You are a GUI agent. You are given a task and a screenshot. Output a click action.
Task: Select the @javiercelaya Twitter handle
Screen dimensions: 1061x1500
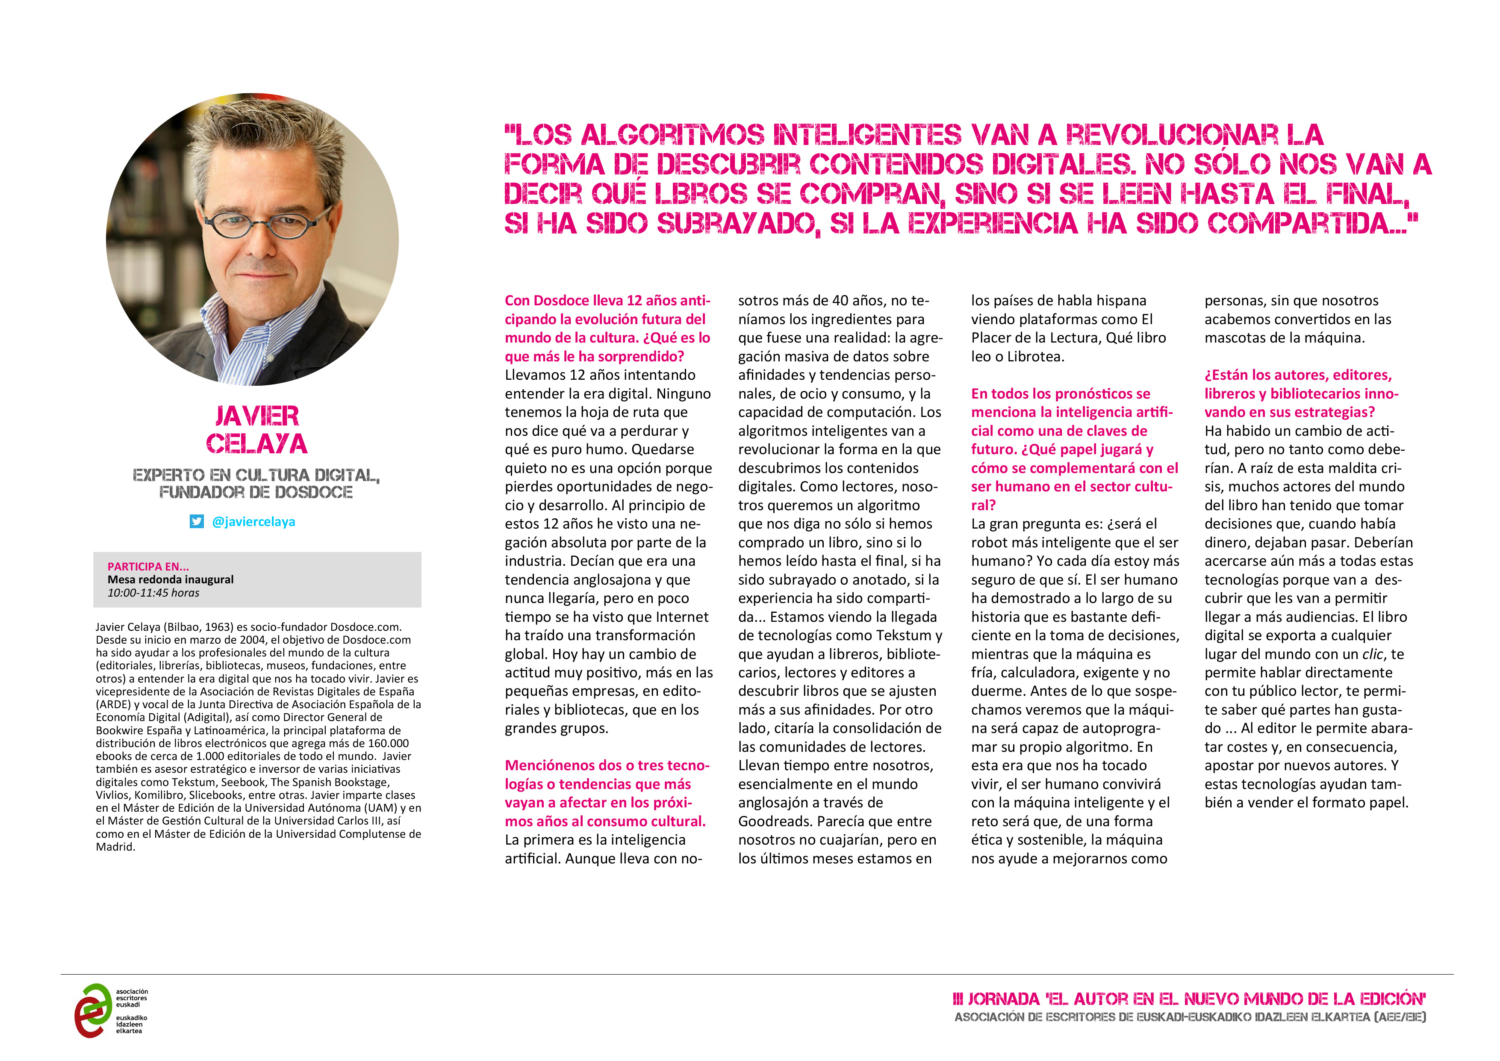(253, 522)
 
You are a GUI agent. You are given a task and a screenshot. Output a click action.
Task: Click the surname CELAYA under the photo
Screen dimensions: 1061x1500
(257, 444)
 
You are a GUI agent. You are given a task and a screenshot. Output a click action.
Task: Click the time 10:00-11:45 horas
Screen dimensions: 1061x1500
(153, 593)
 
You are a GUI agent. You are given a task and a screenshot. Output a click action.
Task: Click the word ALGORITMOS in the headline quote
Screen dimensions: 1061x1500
(672, 135)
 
